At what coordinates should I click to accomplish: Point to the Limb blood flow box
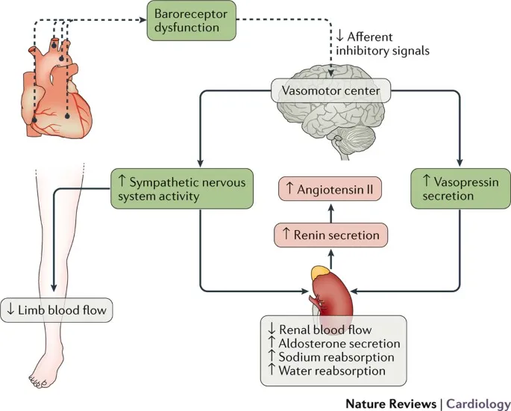pos(57,310)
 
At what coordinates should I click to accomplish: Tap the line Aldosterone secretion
pos(333,343)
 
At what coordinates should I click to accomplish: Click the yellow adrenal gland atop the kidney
pos(319,274)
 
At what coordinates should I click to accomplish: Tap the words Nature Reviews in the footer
pos(391,403)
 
